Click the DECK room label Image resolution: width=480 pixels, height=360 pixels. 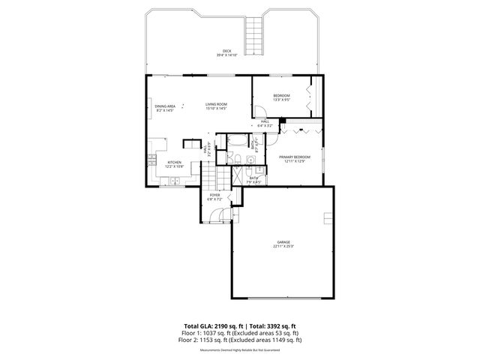226,50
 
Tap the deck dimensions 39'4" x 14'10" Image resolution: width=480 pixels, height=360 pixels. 226,55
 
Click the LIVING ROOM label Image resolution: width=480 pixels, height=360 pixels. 216,104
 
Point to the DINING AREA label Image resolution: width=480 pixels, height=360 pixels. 165,106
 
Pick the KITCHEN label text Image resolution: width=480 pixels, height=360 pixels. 174,161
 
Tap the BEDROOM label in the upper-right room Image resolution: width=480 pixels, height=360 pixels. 281,95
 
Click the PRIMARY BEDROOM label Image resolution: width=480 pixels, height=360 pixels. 295,157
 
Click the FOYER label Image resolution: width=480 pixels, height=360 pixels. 214,195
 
